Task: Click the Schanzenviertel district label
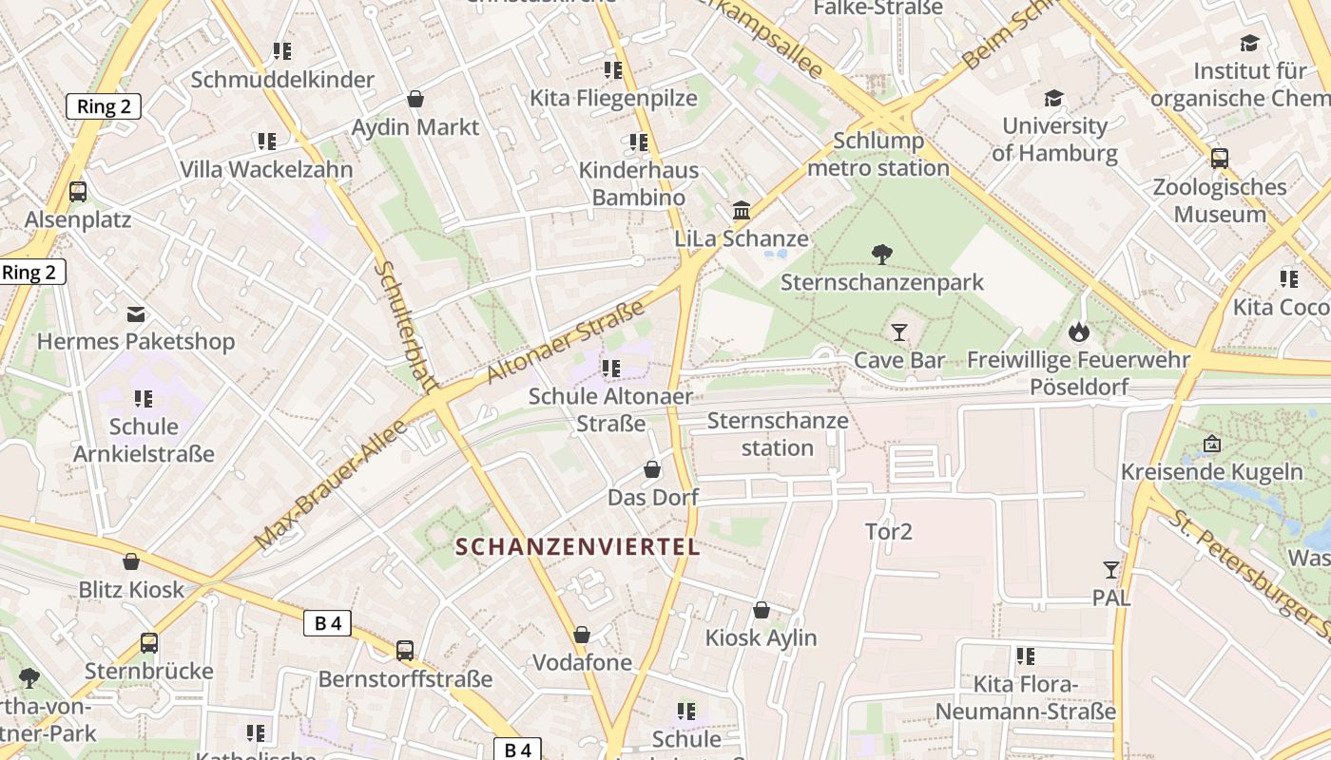[578, 547]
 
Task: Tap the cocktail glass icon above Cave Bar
[899, 332]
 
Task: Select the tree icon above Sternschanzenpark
[882, 254]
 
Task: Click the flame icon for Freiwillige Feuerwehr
[1078, 332]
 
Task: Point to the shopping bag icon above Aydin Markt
[415, 99]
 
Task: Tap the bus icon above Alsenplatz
[78, 192]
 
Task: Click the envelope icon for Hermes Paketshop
[136, 313]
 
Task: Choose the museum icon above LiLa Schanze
[742, 210]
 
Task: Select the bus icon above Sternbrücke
[149, 643]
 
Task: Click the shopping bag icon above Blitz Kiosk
[131, 561]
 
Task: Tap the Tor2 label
[889, 532]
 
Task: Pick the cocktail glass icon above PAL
[1110, 570]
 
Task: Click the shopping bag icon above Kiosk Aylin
[762, 610]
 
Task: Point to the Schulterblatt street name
[404, 326]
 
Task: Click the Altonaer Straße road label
[565, 342]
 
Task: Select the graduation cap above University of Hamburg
[1053, 99]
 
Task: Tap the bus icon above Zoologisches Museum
[1220, 159]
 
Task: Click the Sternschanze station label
[778, 434]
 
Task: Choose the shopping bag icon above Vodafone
[582, 635]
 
